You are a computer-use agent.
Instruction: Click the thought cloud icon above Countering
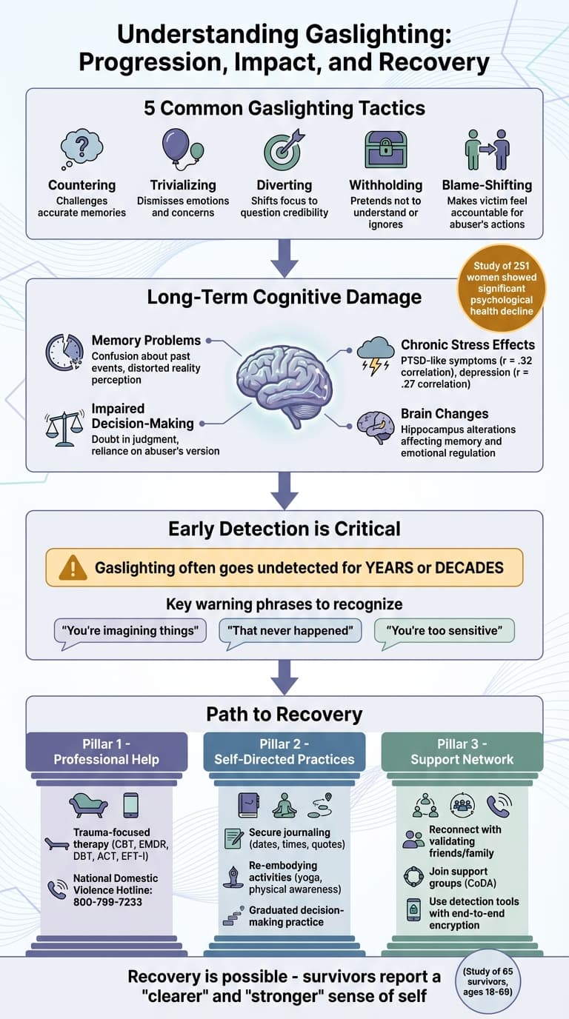point(81,150)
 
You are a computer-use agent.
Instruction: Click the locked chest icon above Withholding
point(385,150)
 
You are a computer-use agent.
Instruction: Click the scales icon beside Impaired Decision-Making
point(64,428)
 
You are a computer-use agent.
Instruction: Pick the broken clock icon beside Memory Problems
point(64,352)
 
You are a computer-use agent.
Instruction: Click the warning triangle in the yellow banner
point(73,568)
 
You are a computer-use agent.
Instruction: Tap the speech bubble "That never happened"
point(290,631)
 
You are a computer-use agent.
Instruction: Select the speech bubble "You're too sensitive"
point(444,631)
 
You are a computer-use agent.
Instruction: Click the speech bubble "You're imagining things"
point(130,631)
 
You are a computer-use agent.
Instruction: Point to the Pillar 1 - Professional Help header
point(106,752)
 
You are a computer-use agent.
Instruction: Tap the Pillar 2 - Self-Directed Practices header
point(284,752)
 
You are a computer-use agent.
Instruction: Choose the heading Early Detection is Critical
point(284,529)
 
